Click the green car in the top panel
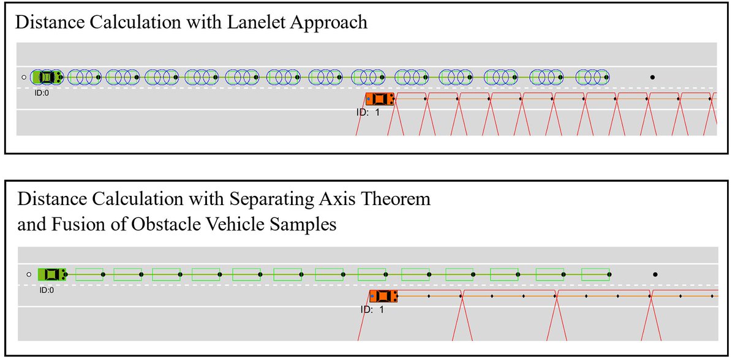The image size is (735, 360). click(47, 77)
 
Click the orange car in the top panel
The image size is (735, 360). click(379, 99)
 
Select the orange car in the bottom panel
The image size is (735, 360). click(383, 296)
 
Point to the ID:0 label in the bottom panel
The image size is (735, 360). click(47, 290)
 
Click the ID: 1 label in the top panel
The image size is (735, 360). click(368, 113)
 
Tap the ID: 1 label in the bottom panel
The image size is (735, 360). click(372, 309)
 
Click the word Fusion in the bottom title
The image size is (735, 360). click(63, 224)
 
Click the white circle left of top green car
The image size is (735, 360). click(24, 77)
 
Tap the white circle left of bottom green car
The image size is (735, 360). click(28, 275)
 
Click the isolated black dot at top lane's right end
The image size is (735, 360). click(652, 77)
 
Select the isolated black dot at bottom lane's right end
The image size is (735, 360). click(655, 275)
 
